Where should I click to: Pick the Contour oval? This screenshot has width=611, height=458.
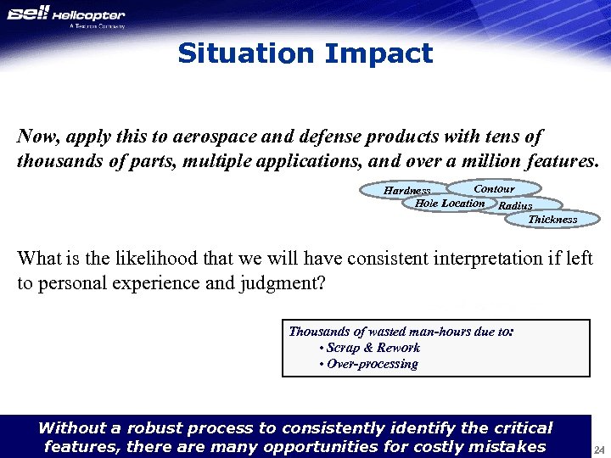click(x=494, y=188)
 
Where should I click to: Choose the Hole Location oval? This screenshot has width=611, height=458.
click(x=450, y=204)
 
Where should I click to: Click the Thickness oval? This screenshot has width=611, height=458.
click(x=552, y=220)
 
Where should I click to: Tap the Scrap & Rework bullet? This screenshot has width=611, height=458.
click(x=369, y=348)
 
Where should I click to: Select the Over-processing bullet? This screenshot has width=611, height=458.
click(x=368, y=364)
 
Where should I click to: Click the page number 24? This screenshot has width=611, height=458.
click(x=598, y=449)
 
